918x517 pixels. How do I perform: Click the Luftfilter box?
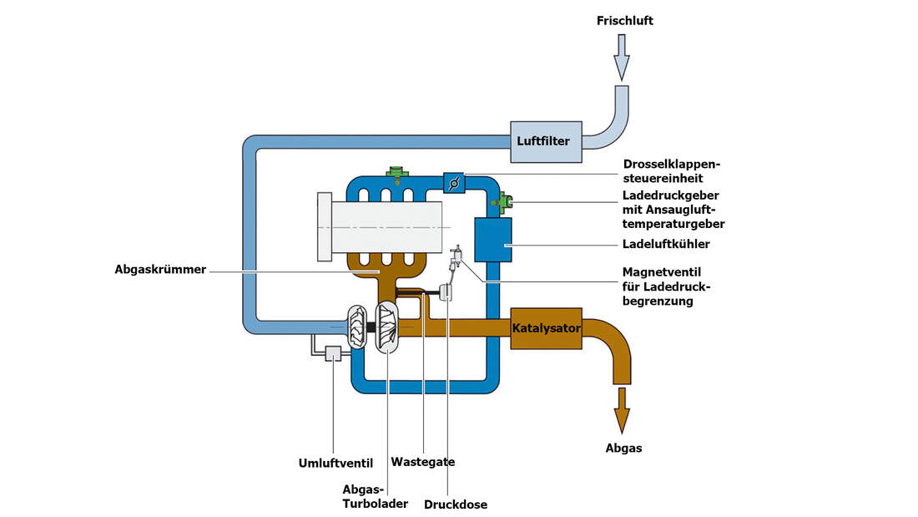[x=542, y=141]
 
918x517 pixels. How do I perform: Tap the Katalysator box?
[x=546, y=328]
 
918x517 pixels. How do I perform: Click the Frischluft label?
[x=625, y=21]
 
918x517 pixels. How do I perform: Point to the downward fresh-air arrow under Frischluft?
[x=621, y=58]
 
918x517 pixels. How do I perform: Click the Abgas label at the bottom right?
[x=623, y=449]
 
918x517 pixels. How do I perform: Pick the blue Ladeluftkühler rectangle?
[x=492, y=241]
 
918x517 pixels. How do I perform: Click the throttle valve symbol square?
[x=452, y=182]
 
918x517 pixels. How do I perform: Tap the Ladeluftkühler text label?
[x=666, y=245]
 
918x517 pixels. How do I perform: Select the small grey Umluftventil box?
[x=335, y=354]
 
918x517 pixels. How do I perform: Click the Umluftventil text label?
[x=335, y=463]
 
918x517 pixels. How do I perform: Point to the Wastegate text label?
[x=422, y=462]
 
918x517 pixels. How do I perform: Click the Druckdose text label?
[x=456, y=504]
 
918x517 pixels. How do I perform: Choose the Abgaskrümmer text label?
[x=161, y=270]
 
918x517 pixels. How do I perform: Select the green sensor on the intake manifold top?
[x=396, y=175]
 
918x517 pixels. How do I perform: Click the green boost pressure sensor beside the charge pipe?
[x=503, y=200]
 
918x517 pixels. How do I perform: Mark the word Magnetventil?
[x=661, y=271]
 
